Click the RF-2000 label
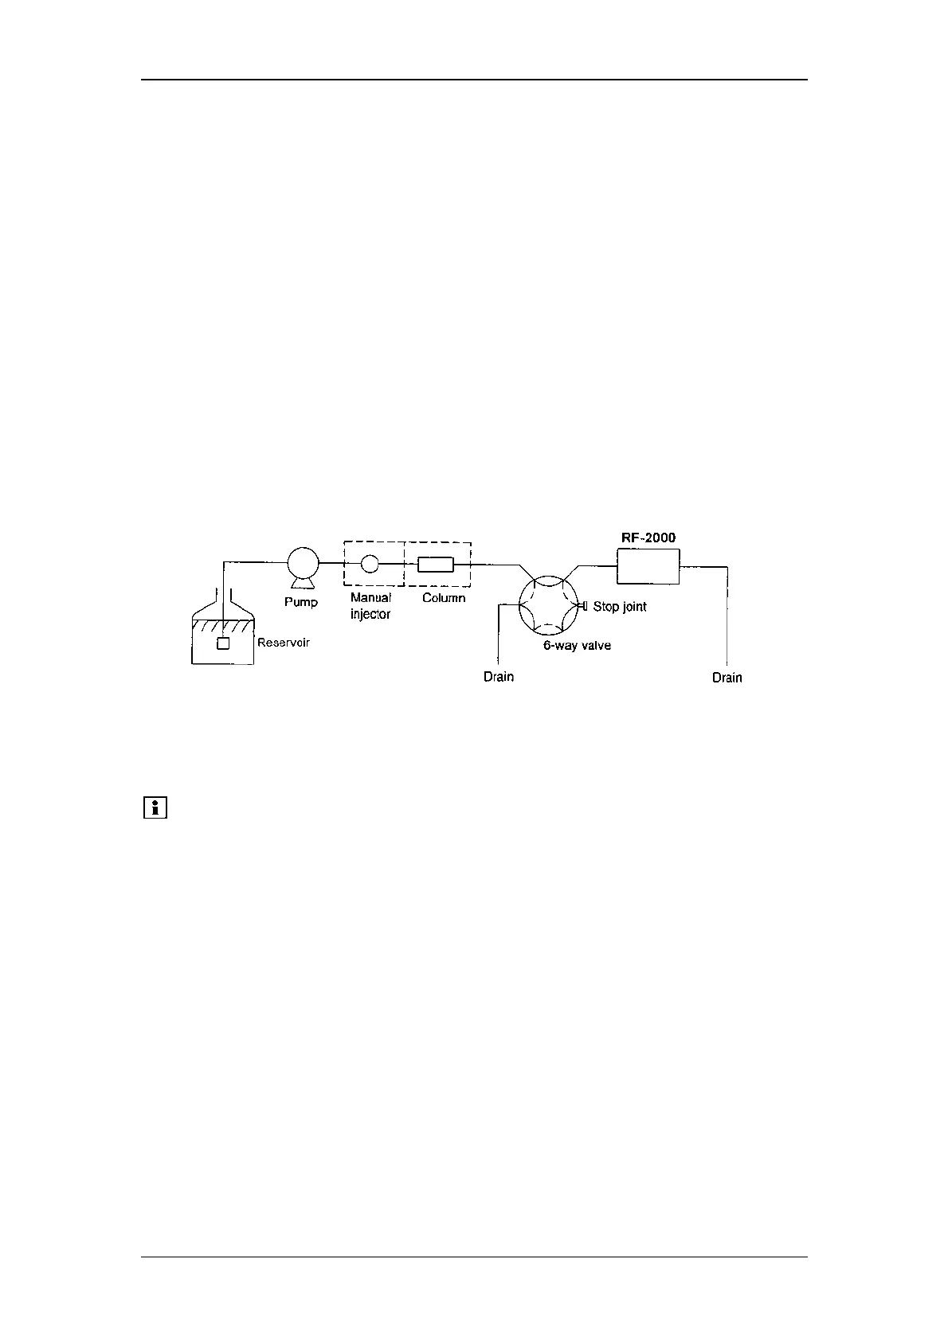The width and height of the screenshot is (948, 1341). pyautogui.click(x=648, y=538)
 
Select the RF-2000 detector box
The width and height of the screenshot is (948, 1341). pyautogui.click(x=648, y=566)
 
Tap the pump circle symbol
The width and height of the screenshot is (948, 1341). pyautogui.click(x=303, y=563)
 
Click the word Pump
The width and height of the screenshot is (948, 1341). pyautogui.click(x=301, y=602)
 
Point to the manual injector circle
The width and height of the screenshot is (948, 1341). pyautogui.click(x=370, y=563)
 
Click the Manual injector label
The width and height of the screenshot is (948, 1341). pyautogui.click(x=370, y=606)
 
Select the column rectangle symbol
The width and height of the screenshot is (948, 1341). pyautogui.click(x=436, y=564)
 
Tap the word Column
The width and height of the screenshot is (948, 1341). pyautogui.click(x=444, y=598)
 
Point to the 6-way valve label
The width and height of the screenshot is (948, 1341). pyautogui.click(x=577, y=645)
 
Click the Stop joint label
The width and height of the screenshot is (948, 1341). pyautogui.click(x=620, y=607)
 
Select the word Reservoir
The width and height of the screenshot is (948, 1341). pyautogui.click(x=283, y=642)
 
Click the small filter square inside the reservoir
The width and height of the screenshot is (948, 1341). pyautogui.click(x=223, y=643)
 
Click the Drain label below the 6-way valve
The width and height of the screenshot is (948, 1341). pyautogui.click(x=499, y=677)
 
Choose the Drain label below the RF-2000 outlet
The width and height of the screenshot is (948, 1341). pyautogui.click(x=727, y=678)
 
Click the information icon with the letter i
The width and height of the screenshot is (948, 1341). pyautogui.click(x=155, y=807)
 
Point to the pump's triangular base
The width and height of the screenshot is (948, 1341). pyautogui.click(x=302, y=585)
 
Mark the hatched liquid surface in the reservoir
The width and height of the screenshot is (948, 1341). pyautogui.click(x=223, y=625)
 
